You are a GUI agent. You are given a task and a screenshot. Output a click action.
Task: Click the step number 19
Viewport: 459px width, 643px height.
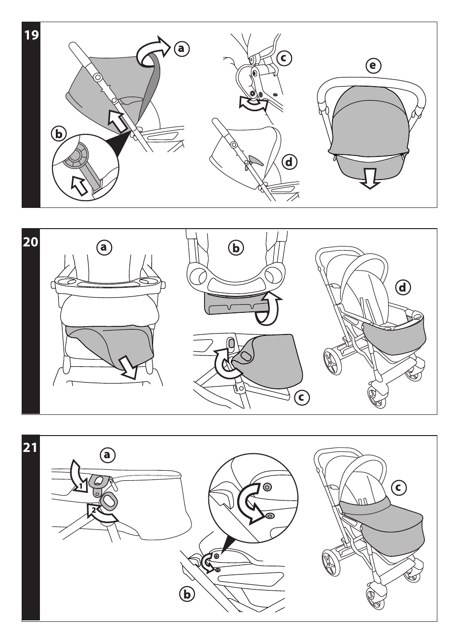coord(31,36)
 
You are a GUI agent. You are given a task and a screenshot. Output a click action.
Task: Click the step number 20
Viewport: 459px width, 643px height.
coord(31,242)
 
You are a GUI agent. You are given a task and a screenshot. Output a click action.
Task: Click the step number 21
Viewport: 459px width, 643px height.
coord(31,448)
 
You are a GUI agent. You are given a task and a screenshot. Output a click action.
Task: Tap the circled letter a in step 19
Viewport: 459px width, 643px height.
coord(181,48)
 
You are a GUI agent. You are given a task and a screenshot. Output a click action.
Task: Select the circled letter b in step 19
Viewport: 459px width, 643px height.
coord(59,134)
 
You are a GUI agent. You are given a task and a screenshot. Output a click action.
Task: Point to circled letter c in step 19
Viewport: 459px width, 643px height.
coord(284,58)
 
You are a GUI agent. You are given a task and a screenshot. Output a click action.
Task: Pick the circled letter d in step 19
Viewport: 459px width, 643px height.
coord(289,162)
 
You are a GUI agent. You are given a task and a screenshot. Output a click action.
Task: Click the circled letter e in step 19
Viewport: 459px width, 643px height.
coord(373,66)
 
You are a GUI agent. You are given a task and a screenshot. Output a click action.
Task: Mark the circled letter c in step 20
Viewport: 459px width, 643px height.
coord(301,397)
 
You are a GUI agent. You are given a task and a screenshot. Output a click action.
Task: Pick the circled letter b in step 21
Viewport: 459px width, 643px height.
coord(187,594)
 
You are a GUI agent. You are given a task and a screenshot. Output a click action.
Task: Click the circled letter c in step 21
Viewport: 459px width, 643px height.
coord(398,488)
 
